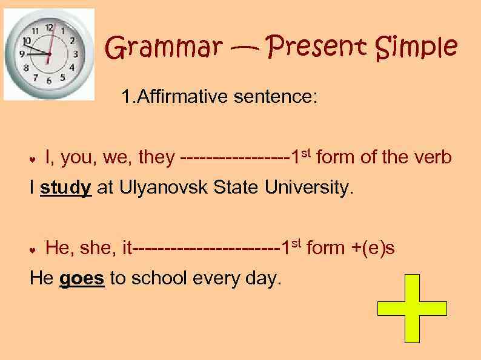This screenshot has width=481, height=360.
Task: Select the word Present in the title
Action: [318, 47]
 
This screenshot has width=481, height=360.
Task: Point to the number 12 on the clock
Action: [49, 27]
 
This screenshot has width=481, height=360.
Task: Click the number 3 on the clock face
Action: [76, 54]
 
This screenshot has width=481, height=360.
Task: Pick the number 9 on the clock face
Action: [23, 54]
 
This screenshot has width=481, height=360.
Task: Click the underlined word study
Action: [66, 188]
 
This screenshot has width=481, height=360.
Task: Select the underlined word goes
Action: [82, 278]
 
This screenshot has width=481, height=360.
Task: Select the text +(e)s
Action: [373, 247]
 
